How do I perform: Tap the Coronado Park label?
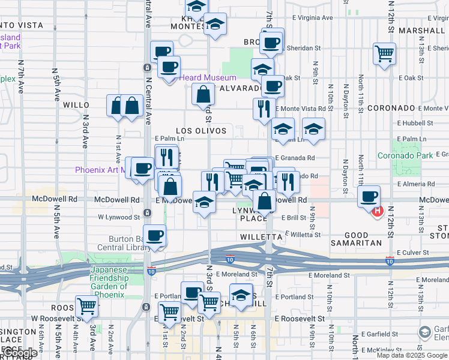(405, 156)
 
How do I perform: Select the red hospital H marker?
(377, 211)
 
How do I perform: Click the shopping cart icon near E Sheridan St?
(384, 53)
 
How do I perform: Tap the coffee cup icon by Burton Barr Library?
(155, 235)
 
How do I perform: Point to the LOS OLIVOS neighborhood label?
(201, 131)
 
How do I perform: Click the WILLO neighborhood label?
(76, 104)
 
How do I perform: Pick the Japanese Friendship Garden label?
(109, 278)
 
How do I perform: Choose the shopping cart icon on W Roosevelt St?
(86, 307)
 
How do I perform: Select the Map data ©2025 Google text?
(411, 355)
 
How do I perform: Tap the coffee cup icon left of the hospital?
(369, 196)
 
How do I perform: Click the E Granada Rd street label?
(295, 158)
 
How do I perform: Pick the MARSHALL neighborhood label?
(418, 30)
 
